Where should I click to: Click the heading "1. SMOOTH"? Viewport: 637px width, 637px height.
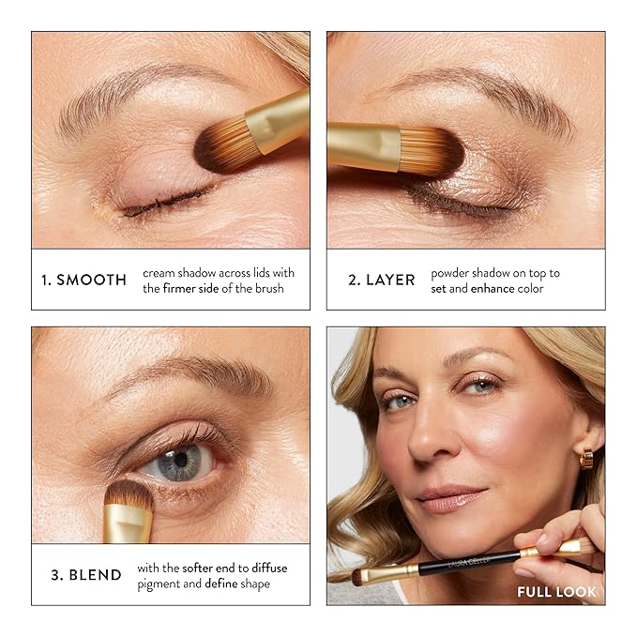click(84, 280)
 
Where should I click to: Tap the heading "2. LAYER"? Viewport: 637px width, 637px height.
click(381, 280)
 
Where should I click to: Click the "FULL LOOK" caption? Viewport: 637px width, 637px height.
click(556, 592)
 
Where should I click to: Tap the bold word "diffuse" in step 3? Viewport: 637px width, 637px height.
click(265, 568)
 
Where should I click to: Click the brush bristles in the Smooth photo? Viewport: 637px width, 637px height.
click(221, 145)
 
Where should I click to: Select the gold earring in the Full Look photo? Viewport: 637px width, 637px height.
click(586, 458)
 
